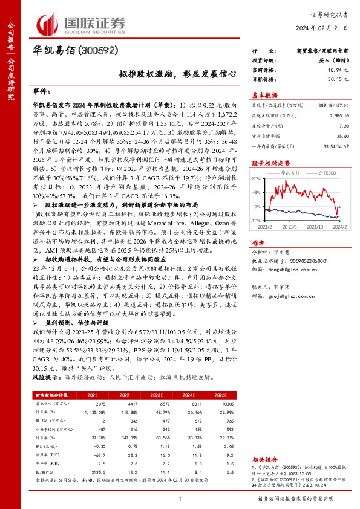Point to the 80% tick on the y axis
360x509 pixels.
pyautogui.click(x=257, y=178)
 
